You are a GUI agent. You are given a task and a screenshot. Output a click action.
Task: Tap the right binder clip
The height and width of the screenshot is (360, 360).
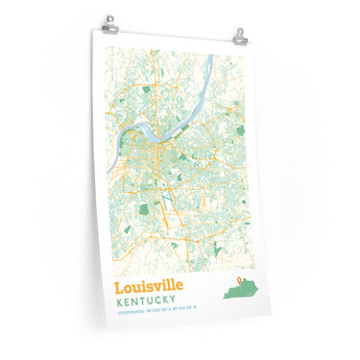tap(239, 36)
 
